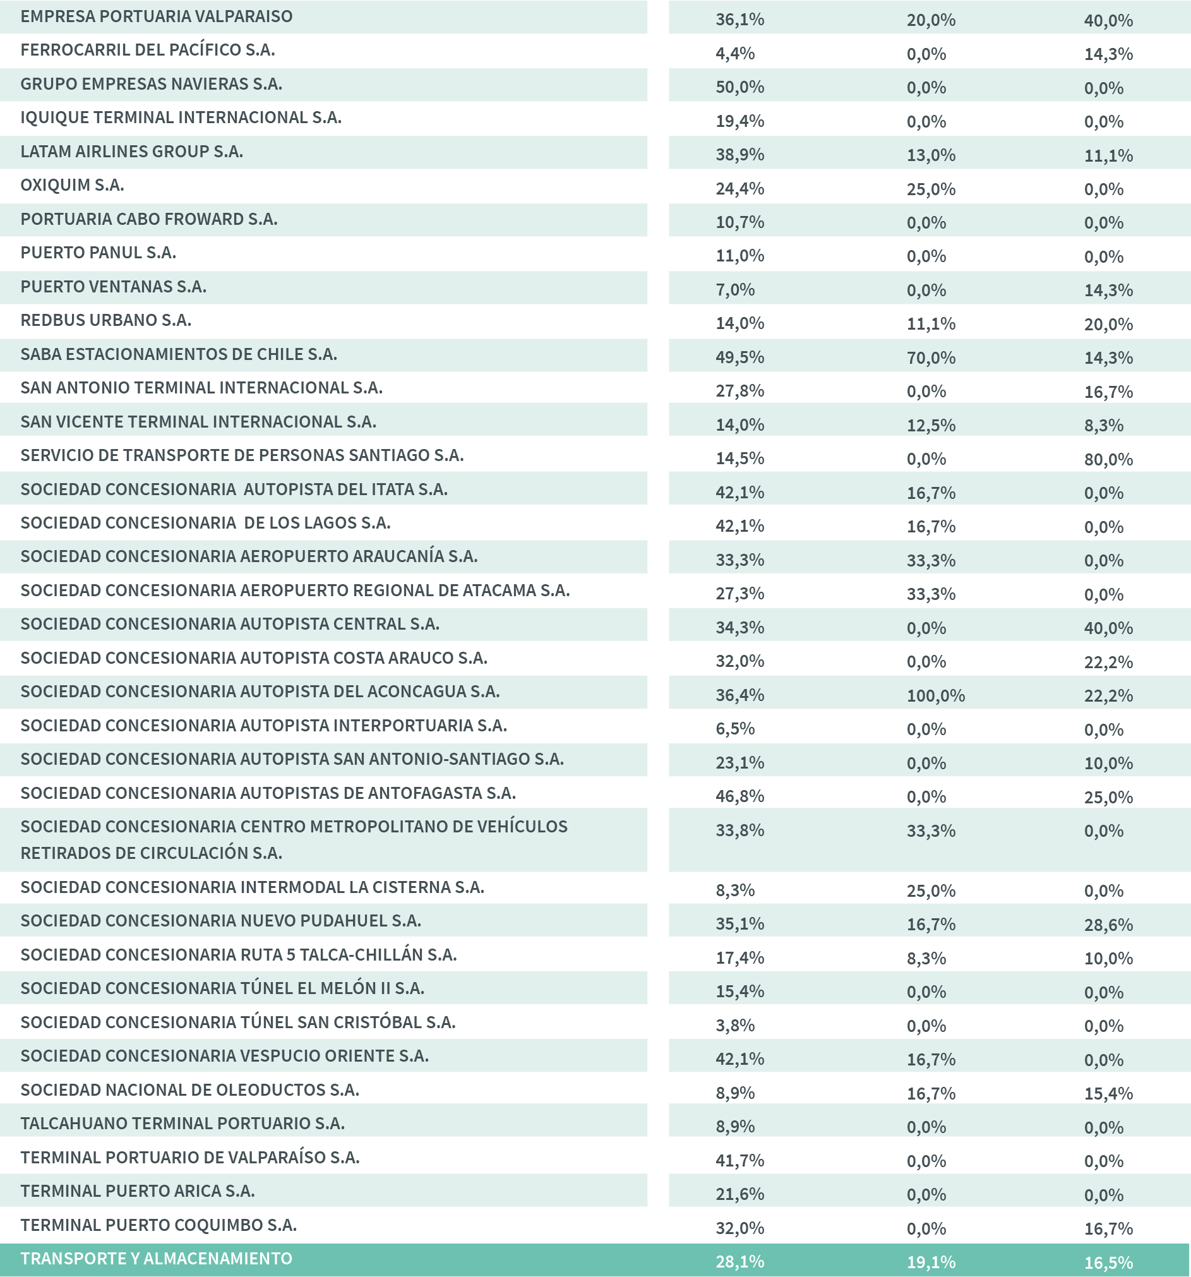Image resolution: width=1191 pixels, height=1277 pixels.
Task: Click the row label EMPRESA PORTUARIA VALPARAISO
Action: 156,16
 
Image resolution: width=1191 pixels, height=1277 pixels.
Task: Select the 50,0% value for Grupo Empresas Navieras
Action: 739,87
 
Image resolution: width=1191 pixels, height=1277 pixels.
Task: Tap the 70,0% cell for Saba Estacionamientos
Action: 931,358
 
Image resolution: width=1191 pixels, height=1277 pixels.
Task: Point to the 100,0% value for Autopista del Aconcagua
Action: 935,696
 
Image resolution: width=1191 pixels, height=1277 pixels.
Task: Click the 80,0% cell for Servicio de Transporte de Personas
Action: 1108,459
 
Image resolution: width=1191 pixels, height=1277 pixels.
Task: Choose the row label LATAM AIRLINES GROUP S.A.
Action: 132,152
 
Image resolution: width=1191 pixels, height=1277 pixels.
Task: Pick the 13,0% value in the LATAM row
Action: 931,155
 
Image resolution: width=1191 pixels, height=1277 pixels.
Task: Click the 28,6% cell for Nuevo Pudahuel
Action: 1108,925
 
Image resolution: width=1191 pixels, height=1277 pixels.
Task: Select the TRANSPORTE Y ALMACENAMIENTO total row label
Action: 156,1259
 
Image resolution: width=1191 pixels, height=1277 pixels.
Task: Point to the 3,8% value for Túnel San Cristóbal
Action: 735,1026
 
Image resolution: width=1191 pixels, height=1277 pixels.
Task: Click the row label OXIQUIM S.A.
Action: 72,185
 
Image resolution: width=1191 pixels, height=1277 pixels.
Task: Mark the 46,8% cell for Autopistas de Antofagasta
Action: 739,796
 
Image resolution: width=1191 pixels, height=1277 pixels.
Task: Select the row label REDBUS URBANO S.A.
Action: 106,320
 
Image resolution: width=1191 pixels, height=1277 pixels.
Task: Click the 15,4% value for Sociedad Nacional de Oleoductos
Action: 1108,1093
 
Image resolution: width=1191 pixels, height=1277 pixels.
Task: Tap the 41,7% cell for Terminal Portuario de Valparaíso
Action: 739,1161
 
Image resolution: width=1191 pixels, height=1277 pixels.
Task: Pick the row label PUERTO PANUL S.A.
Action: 99,253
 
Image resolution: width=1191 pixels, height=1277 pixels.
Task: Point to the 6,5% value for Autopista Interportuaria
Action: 735,729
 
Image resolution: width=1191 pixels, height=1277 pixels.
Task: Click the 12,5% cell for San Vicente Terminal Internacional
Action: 931,425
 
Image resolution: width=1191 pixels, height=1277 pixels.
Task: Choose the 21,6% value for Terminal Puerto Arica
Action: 739,1194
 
